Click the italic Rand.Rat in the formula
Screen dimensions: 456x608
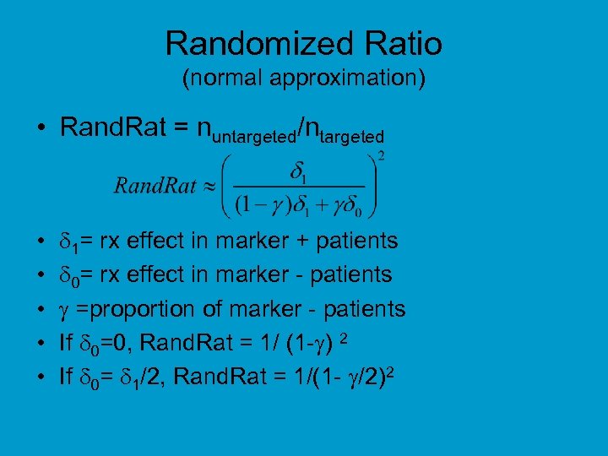tap(155, 185)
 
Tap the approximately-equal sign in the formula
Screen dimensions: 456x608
tap(210, 185)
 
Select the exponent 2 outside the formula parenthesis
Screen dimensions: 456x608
tap(381, 155)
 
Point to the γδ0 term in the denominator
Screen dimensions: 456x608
tap(350, 204)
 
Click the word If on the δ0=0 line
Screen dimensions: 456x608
tap(66, 342)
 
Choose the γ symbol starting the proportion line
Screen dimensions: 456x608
tap(64, 310)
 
